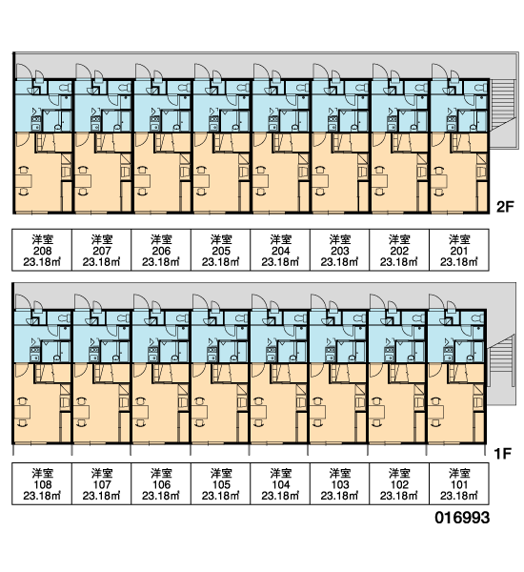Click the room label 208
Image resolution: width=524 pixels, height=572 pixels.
coord(42,251)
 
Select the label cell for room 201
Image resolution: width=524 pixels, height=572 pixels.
coord(458,250)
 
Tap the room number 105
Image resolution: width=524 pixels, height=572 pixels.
coord(221,484)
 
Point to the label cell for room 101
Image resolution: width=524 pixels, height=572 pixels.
coord(458,483)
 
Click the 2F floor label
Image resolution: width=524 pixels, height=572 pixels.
coord(505,207)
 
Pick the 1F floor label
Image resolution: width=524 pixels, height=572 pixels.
coord(503,454)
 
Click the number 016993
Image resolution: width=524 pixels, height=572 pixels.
coord(462,518)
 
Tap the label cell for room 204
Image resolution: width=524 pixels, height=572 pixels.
coord(280,250)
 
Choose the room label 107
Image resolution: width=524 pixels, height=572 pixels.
coord(102,484)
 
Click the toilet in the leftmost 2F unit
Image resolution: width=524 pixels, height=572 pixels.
coord(64,88)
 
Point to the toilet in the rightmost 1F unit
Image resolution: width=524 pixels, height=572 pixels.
coord(477,318)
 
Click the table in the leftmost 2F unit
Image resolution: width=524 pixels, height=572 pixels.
coord(24,180)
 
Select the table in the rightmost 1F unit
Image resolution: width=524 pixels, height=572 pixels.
coord(436,412)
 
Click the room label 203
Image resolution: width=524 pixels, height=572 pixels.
coord(339,251)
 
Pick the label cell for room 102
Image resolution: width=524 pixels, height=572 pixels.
coord(399,483)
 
